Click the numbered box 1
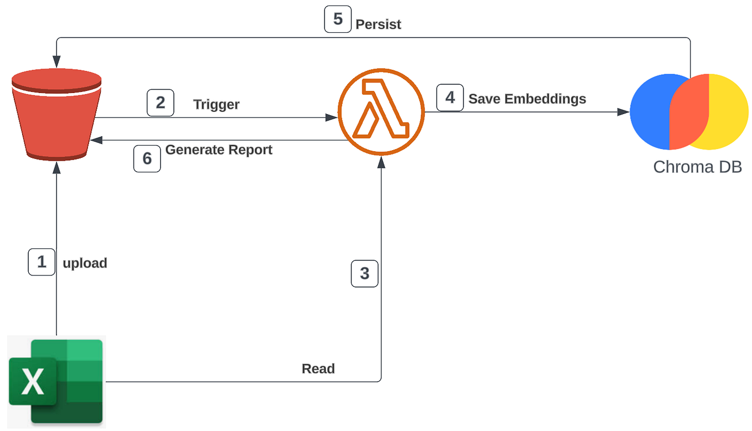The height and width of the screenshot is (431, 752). [x=42, y=261]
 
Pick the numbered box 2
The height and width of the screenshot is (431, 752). [x=160, y=103]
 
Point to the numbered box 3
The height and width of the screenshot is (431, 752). [x=364, y=273]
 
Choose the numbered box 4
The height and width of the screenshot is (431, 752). [x=450, y=98]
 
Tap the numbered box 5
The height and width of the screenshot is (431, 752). [x=337, y=19]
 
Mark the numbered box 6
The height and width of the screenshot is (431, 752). [x=147, y=158]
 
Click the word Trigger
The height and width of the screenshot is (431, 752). [x=216, y=104]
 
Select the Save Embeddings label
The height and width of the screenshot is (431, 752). [x=527, y=99]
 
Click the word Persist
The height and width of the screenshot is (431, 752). [x=378, y=24]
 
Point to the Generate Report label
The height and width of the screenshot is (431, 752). [x=219, y=150]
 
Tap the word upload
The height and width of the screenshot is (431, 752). [x=85, y=263]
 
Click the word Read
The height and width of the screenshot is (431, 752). [x=318, y=368]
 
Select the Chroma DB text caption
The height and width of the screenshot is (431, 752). [x=697, y=167]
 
